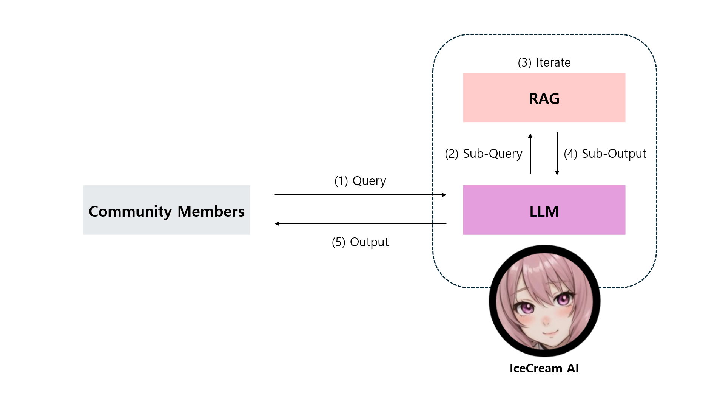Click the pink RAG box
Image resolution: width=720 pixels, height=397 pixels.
(x=544, y=98)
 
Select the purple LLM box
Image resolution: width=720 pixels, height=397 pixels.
(x=544, y=210)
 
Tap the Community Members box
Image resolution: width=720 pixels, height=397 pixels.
(x=167, y=210)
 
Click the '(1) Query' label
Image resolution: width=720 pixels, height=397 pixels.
(x=360, y=181)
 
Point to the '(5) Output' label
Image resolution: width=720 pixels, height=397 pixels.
(x=360, y=242)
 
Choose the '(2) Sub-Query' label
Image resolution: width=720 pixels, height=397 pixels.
(x=483, y=154)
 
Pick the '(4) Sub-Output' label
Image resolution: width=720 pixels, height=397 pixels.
(x=605, y=154)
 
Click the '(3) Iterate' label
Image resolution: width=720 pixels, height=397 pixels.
(x=544, y=62)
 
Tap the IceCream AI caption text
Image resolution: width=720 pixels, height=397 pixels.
(x=544, y=368)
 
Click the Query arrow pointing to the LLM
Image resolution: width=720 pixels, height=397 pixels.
(x=360, y=195)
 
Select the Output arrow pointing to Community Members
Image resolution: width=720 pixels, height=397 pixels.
(x=360, y=224)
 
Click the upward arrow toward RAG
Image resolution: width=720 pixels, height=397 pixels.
(x=530, y=154)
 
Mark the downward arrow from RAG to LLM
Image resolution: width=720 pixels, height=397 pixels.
(x=557, y=154)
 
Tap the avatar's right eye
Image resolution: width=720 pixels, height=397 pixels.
(x=563, y=299)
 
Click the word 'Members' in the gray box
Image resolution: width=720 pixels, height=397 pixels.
(x=211, y=211)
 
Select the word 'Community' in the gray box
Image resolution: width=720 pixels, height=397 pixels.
(x=130, y=211)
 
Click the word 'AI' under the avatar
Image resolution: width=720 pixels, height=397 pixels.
(x=572, y=368)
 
